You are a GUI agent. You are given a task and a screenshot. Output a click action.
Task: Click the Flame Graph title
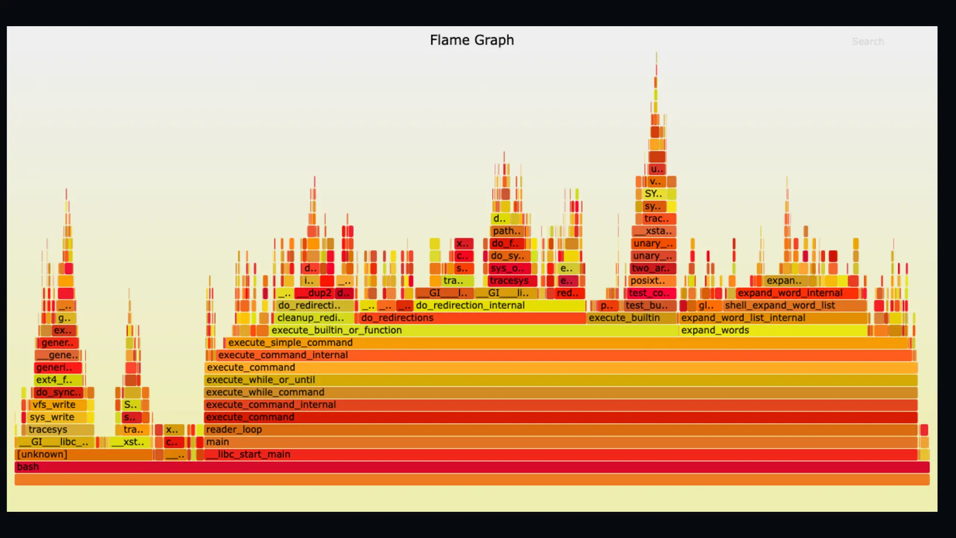(x=471, y=40)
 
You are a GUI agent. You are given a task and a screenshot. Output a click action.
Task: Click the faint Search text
(x=867, y=42)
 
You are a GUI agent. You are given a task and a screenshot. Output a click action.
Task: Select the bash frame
(x=471, y=467)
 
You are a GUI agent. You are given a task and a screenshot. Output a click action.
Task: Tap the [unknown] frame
(x=84, y=454)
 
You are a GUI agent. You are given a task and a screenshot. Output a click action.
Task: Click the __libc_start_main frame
(x=560, y=454)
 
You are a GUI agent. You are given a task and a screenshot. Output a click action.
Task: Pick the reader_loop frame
(x=560, y=430)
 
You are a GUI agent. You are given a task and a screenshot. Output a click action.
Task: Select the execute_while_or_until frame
(x=560, y=380)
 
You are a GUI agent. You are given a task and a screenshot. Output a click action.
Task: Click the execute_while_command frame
(x=560, y=392)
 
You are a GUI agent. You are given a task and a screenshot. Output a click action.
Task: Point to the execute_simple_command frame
(x=560, y=343)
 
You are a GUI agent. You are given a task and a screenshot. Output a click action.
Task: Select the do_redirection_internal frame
(x=499, y=305)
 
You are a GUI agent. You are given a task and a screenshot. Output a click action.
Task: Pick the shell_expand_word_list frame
(x=794, y=305)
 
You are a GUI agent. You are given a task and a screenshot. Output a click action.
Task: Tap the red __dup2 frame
(x=315, y=293)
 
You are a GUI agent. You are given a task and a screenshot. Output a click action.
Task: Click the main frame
(x=560, y=442)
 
